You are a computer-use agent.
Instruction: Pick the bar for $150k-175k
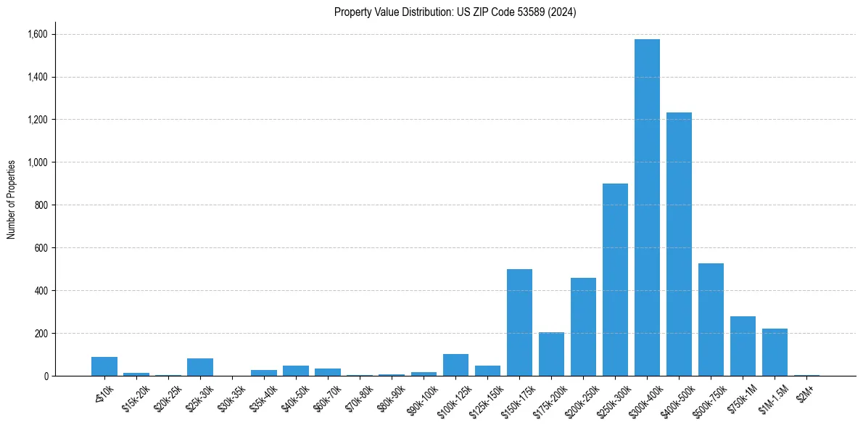coord(519,323)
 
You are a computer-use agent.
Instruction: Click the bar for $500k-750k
coord(711,320)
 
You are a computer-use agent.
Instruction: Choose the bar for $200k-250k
coord(583,327)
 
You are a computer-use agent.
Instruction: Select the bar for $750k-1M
coord(743,346)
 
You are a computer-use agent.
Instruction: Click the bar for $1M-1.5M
coord(775,353)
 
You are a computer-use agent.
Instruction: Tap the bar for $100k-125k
coord(455,365)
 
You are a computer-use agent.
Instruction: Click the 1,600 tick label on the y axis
coord(37,34)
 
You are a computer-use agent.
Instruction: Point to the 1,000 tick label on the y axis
coord(37,162)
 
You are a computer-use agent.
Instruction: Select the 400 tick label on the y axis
coord(41,291)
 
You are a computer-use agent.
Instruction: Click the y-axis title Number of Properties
coord(12,199)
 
